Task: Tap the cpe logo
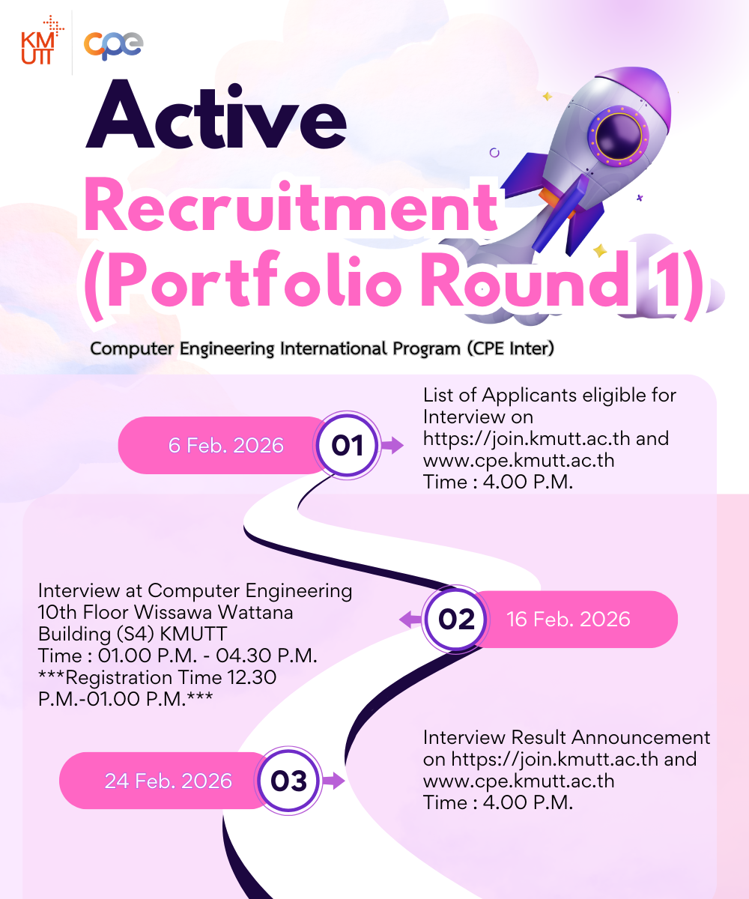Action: tap(113, 44)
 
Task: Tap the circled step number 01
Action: tap(347, 446)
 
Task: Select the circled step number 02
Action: tap(457, 620)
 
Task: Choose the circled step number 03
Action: tap(289, 781)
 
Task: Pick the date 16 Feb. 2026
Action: tap(568, 620)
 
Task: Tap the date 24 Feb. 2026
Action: tap(168, 781)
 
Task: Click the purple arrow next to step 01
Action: tap(392, 446)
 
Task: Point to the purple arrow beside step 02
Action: tap(410, 620)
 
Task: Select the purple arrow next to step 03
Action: tap(334, 781)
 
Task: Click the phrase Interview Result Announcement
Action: tap(566, 737)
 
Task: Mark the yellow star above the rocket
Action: tap(547, 97)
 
